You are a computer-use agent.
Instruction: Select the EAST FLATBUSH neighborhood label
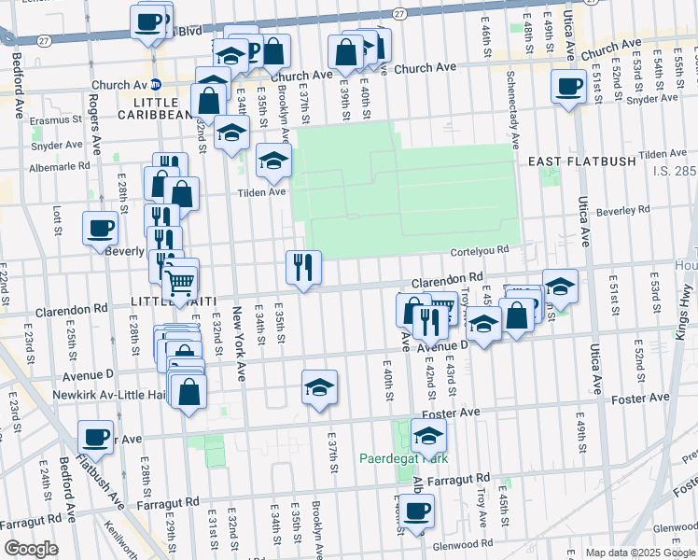click(x=581, y=161)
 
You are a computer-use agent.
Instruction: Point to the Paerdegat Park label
click(x=404, y=458)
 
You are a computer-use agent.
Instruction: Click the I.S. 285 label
click(x=671, y=171)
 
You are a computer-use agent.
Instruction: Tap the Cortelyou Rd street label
click(x=478, y=249)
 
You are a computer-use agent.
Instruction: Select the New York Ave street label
click(x=240, y=343)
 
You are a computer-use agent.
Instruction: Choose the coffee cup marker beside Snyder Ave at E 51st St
click(x=567, y=88)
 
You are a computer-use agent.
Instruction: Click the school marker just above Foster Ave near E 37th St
click(x=319, y=387)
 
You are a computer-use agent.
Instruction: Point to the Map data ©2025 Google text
click(x=640, y=553)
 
